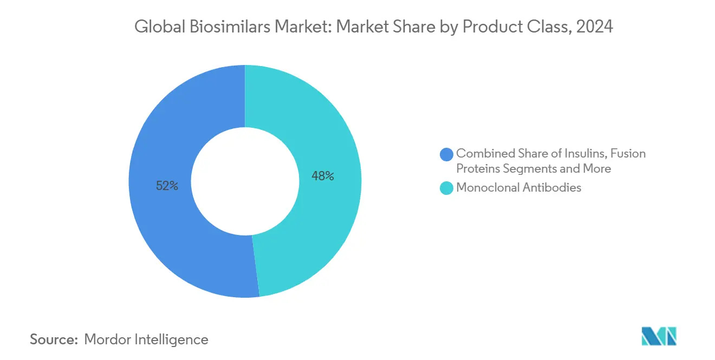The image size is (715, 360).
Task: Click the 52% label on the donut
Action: coord(167,186)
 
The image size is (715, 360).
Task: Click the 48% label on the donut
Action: coord(323,176)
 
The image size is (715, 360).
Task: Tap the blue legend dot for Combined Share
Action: coord(447,154)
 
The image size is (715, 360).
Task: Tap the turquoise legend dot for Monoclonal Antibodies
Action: coord(447,188)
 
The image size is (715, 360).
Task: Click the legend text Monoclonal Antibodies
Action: coord(518,188)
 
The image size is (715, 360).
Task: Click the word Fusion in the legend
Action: coord(628,154)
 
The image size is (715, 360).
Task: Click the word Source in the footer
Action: coord(53,340)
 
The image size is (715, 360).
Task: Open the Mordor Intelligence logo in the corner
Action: coord(659,337)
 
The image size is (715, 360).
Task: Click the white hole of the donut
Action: coord(245,181)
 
